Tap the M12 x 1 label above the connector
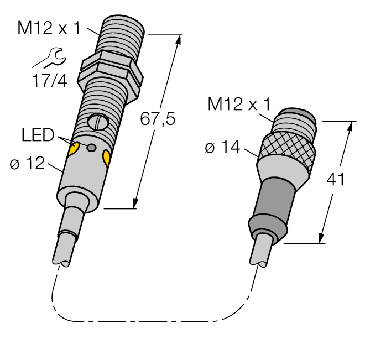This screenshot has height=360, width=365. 239,103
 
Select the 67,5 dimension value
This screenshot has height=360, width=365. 157,119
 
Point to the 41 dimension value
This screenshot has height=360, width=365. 335,180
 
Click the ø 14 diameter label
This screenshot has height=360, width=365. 224,148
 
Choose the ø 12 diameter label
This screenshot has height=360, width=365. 27,164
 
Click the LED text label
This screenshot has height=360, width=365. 39,135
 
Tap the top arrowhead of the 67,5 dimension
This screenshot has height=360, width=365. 179,39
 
